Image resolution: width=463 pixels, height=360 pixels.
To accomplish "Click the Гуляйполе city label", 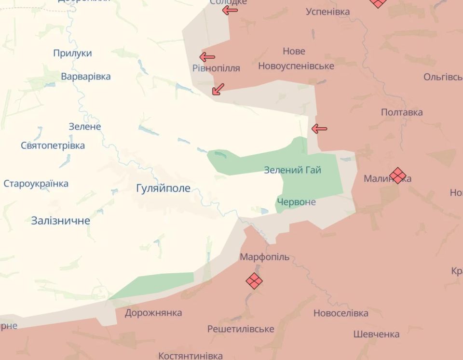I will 163,188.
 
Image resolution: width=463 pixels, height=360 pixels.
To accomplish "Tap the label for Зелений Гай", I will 292,170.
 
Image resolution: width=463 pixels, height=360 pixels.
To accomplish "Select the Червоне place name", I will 296,202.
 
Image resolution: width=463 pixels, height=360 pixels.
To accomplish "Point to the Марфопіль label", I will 265,257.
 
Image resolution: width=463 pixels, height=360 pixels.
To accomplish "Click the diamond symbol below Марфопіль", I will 254,280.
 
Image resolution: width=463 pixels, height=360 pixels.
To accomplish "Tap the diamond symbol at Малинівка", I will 397,175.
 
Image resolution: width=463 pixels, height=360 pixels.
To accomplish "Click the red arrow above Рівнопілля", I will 207,57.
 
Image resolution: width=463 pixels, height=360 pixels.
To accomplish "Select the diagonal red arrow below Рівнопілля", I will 218,89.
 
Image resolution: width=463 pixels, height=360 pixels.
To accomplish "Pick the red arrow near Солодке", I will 230,11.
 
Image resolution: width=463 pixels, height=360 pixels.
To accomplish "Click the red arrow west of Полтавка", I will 319,129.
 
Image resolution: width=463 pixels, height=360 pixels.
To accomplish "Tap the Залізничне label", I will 61,221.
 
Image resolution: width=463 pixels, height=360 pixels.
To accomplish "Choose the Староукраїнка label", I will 36,184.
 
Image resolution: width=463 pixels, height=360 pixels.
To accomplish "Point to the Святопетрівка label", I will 53,146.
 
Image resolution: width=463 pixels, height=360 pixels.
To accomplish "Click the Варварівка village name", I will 86,77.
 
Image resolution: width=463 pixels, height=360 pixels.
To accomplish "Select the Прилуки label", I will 72,53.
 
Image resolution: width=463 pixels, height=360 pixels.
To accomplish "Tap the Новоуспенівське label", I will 296,66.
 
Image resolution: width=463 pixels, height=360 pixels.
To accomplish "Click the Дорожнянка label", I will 153,313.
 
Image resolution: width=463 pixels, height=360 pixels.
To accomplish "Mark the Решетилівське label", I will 241,329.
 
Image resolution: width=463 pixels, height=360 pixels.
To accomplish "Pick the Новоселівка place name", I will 340,313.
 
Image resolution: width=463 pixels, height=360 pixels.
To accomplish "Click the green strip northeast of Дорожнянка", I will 154,285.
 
